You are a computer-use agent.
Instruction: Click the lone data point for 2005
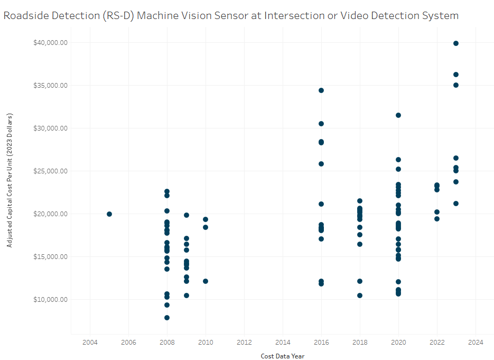pyautogui.click(x=109, y=214)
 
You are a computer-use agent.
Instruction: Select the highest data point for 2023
pyautogui.click(x=456, y=43)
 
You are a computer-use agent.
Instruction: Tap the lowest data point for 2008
pyautogui.click(x=167, y=318)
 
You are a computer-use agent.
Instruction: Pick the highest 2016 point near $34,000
pyautogui.click(x=321, y=90)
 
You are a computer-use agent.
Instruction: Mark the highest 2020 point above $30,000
pyautogui.click(x=398, y=115)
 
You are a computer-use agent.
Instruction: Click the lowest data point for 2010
pyautogui.click(x=206, y=281)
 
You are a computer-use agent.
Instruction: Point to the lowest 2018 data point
pyautogui.click(x=360, y=296)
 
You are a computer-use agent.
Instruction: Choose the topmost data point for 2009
pyautogui.click(x=187, y=215)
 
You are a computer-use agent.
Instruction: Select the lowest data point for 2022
pyautogui.click(x=437, y=219)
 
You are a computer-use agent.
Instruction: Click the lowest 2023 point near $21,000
pyautogui.click(x=456, y=204)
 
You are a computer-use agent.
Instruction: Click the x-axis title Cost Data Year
pyautogui.click(x=282, y=356)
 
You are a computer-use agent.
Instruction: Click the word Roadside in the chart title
pyautogui.click(x=25, y=15)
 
